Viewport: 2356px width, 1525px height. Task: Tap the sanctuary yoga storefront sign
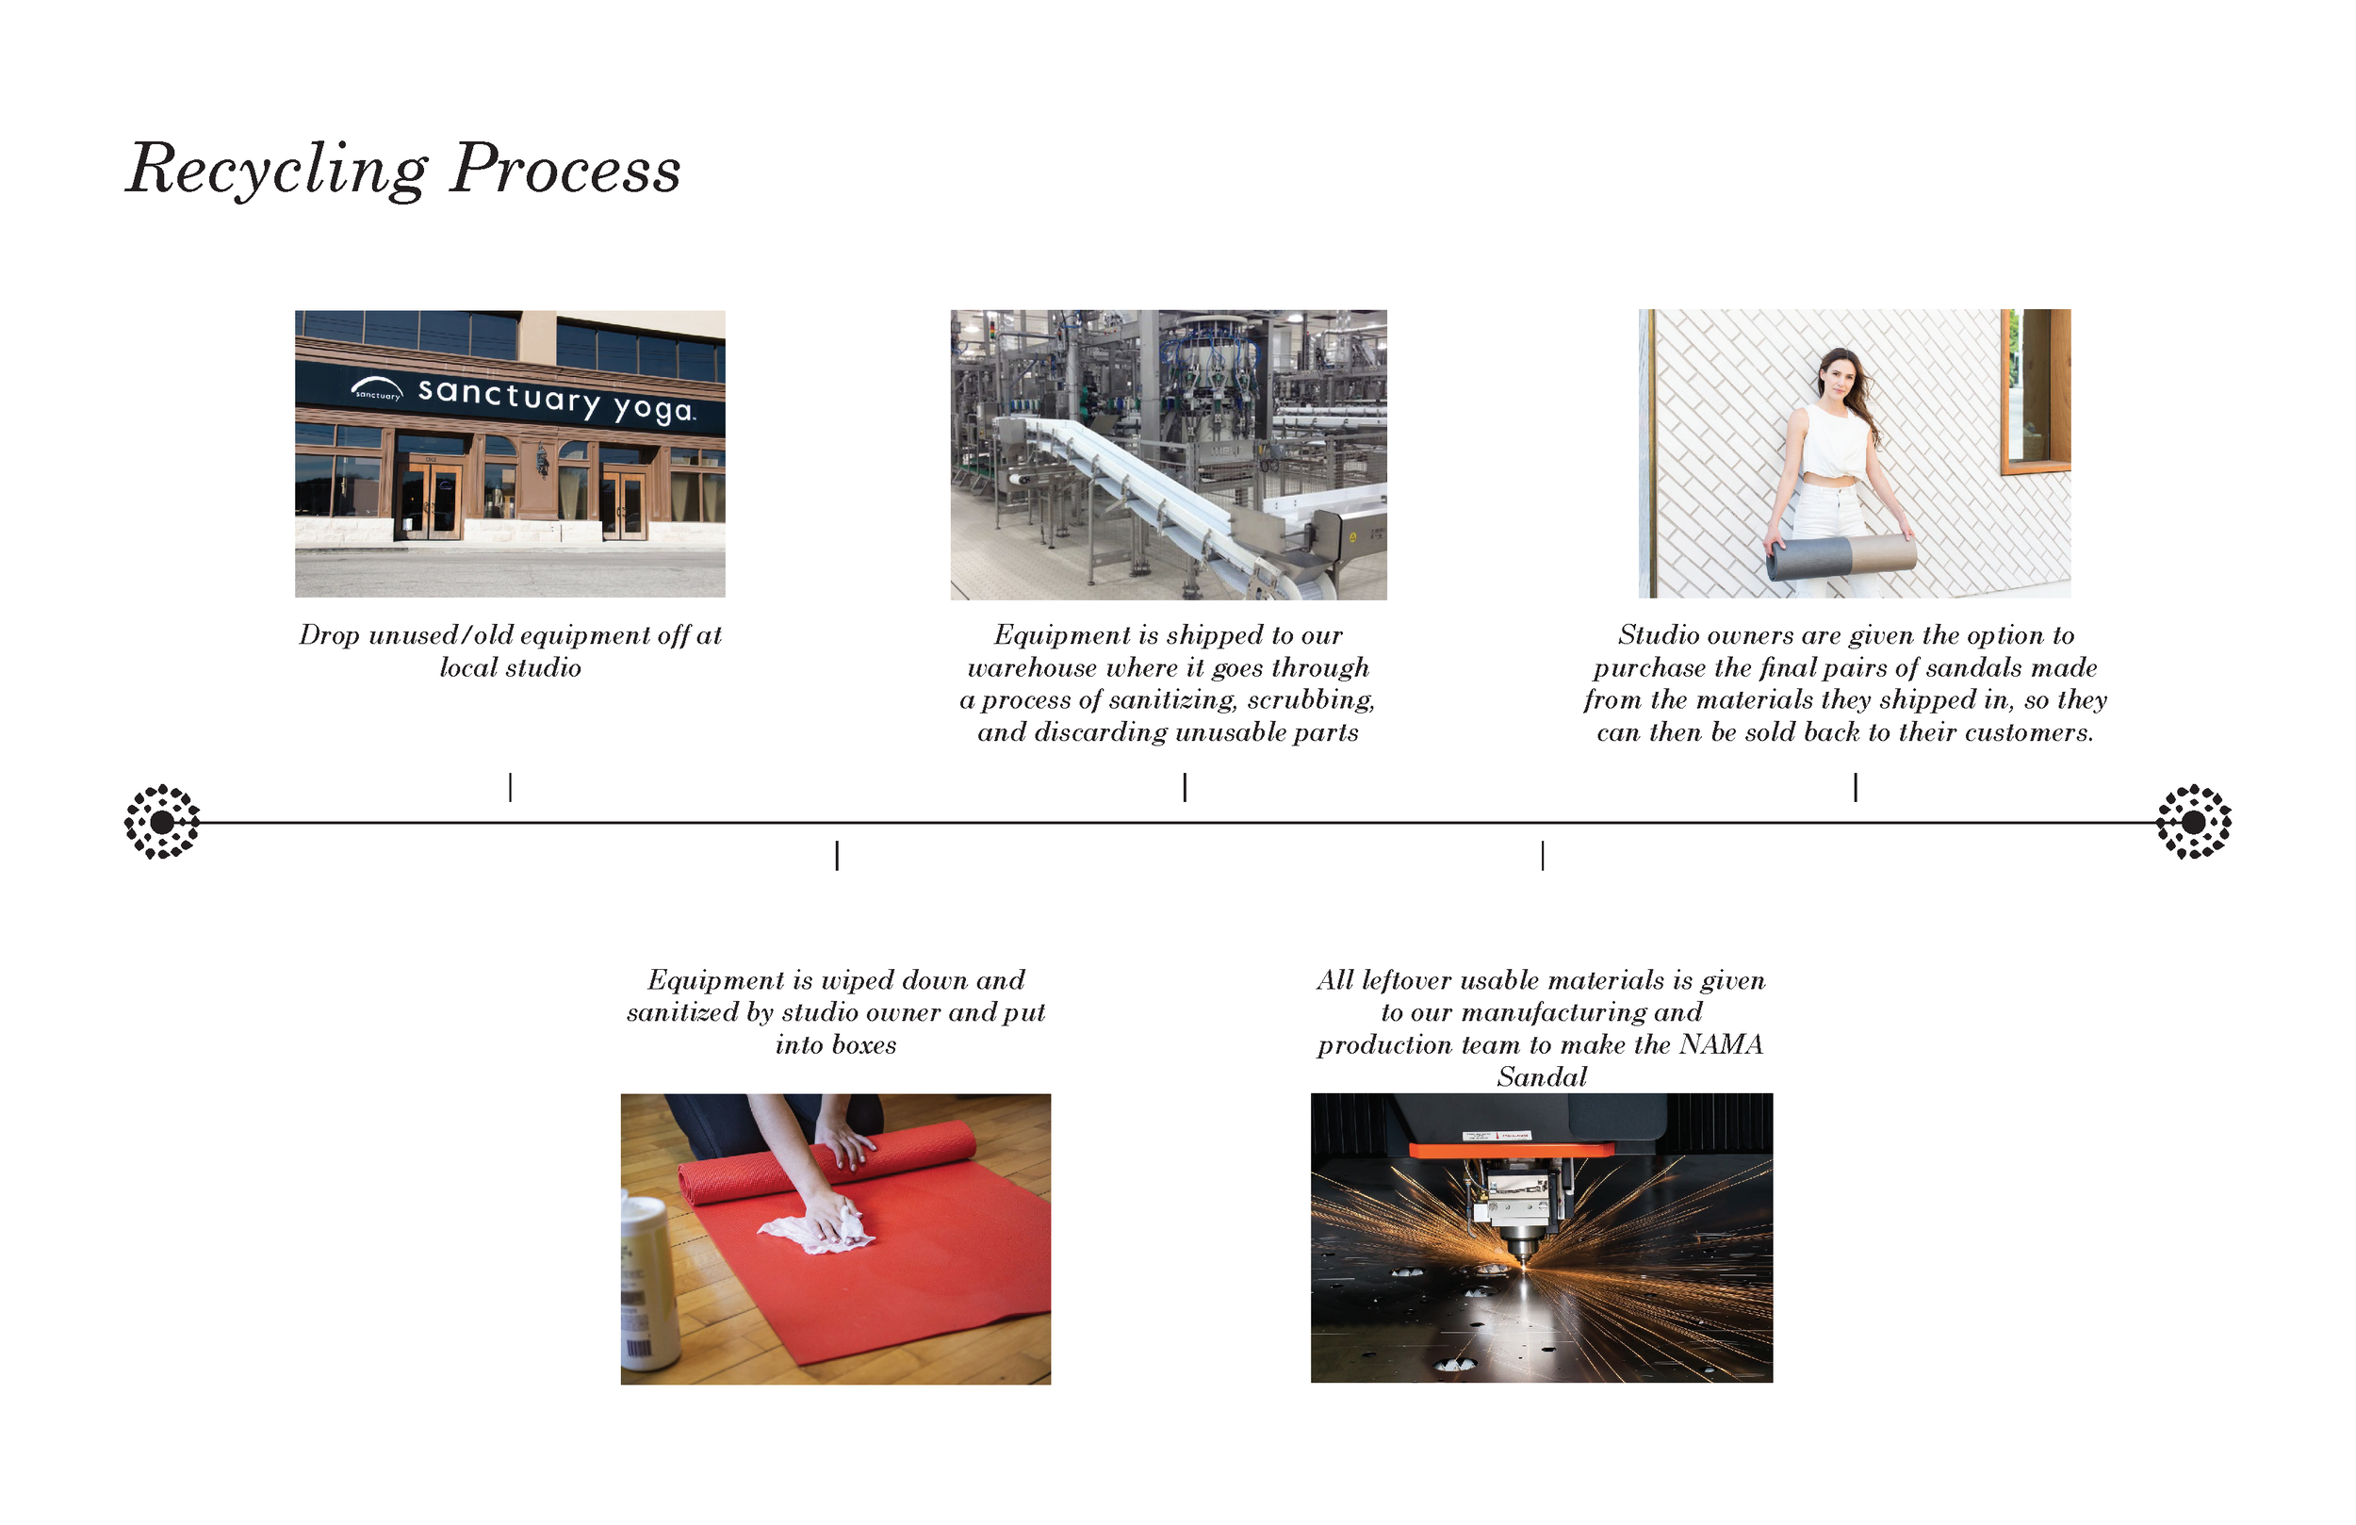pyautogui.click(x=525, y=398)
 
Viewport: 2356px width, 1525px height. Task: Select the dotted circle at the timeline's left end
pyautogui.click(x=162, y=822)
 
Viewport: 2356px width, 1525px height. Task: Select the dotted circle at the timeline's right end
pyautogui.click(x=2194, y=822)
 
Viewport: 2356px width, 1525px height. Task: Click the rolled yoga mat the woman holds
pyautogui.click(x=1841, y=558)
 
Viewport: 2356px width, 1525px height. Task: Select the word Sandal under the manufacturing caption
pyautogui.click(x=1542, y=1077)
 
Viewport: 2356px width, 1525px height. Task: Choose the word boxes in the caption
pyautogui.click(x=864, y=1045)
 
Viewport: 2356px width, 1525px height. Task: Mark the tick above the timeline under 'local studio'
pyautogui.click(x=510, y=787)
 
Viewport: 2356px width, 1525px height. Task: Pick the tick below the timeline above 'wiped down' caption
pyautogui.click(x=838, y=856)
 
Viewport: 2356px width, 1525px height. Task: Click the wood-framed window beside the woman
pyautogui.click(x=2036, y=391)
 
